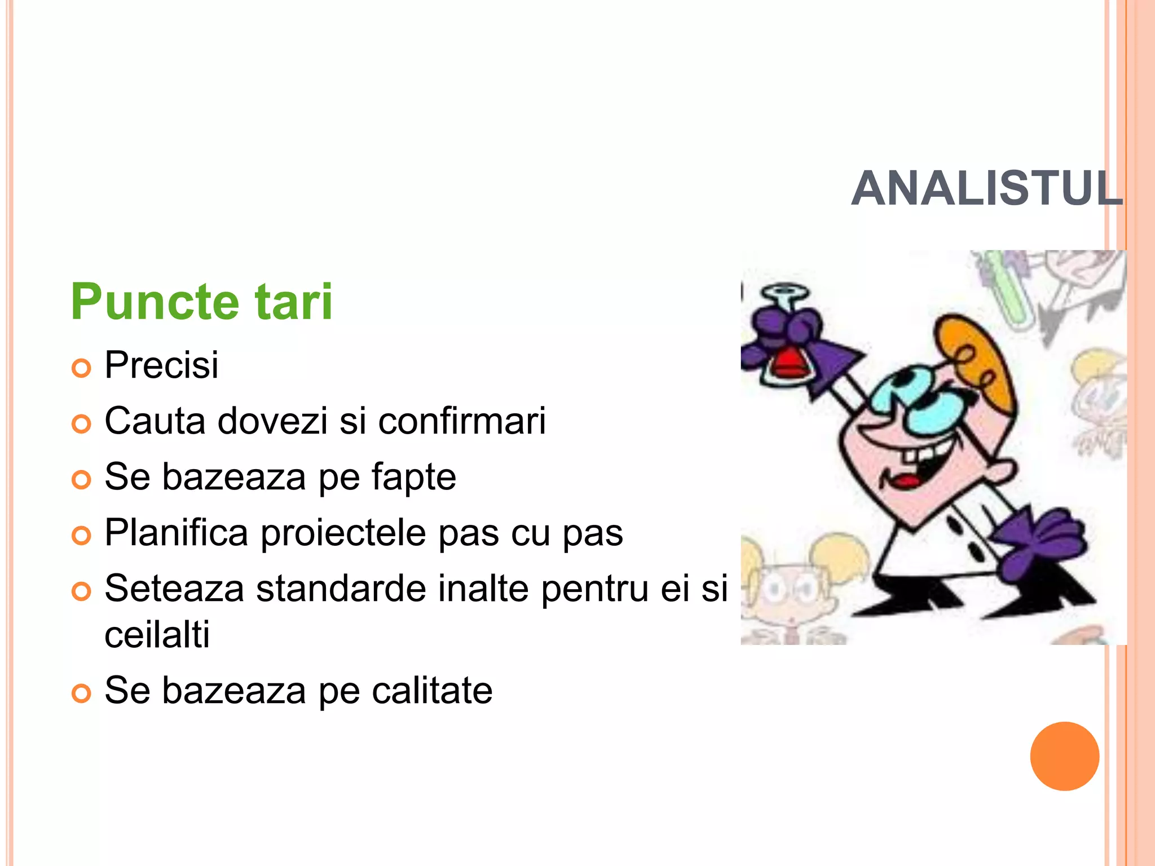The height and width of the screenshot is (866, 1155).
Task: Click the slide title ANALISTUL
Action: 987,188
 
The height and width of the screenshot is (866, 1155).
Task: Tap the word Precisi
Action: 161,365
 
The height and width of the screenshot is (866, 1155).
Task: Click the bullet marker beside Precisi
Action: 81,368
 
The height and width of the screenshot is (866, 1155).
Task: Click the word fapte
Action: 413,478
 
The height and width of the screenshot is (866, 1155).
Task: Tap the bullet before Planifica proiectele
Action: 81,536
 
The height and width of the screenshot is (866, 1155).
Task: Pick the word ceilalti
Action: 157,634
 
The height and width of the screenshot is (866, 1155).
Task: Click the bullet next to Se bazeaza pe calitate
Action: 81,693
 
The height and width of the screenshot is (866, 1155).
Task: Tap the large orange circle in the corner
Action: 1064,756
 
